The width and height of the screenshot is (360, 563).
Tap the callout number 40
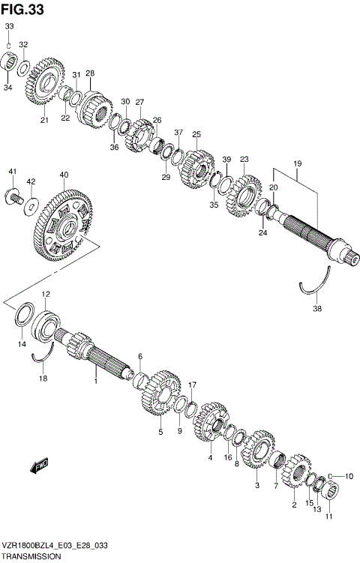64,175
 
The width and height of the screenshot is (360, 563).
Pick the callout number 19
298,163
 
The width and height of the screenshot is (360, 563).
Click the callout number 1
96,382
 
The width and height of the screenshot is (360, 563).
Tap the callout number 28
90,73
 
